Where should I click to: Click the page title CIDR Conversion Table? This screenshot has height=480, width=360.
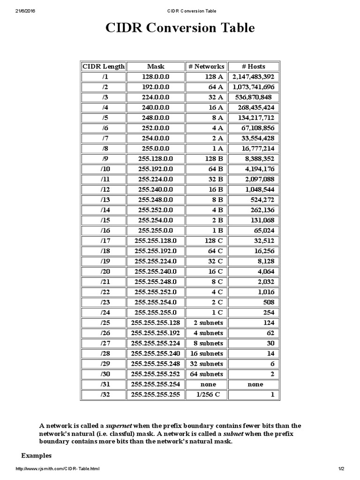click(180, 28)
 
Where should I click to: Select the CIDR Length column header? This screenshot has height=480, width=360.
click(104, 67)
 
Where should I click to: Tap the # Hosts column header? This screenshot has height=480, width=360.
click(253, 67)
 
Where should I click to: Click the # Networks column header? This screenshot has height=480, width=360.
click(206, 67)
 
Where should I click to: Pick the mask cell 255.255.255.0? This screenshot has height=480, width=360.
click(156, 312)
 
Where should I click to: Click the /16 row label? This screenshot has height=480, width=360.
click(104, 230)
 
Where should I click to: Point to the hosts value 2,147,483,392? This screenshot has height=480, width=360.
click(253, 77)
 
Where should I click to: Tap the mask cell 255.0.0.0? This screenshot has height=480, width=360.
click(156, 149)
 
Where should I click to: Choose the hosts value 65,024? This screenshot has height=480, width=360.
click(264, 230)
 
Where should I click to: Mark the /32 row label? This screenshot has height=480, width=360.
click(104, 395)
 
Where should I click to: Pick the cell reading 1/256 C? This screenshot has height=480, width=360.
click(206, 395)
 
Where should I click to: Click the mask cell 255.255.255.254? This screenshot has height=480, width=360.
click(156, 384)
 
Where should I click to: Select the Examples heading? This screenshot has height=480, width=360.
click(37, 456)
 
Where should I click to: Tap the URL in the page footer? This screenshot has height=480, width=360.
click(58, 469)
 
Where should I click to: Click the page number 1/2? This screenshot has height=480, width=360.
click(341, 469)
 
